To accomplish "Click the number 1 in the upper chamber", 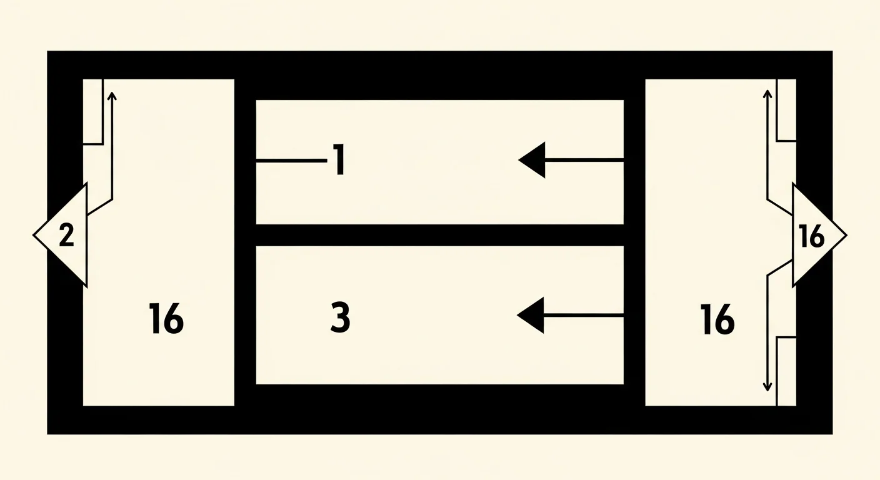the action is pos(340,159).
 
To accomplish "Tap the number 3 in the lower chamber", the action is pos(340,317).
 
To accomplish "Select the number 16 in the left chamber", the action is pos(166,319).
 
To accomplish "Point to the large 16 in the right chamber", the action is pos(717,319).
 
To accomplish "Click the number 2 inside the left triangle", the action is pos(66,235).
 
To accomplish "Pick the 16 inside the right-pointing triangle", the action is pos(812,236).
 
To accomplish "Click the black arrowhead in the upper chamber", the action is pos(532,160).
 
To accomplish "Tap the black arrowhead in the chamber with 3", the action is pos(531,316).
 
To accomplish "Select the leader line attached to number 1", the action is pos(291,160).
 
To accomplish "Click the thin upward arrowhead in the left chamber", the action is pos(112,96).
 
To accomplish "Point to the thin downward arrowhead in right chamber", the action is pos(767,387).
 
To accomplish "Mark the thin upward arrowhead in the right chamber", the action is pos(767,94).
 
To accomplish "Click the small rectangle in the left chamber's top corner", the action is pos(93,111).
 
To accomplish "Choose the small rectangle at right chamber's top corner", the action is pos(786,110).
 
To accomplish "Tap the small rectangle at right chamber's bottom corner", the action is pos(786,371).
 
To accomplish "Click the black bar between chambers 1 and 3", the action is pos(440,235).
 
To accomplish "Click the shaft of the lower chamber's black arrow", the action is pos(584,316).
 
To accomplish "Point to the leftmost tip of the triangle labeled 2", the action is pos(33,235).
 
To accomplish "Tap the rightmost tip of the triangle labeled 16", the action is pos(847,236).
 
